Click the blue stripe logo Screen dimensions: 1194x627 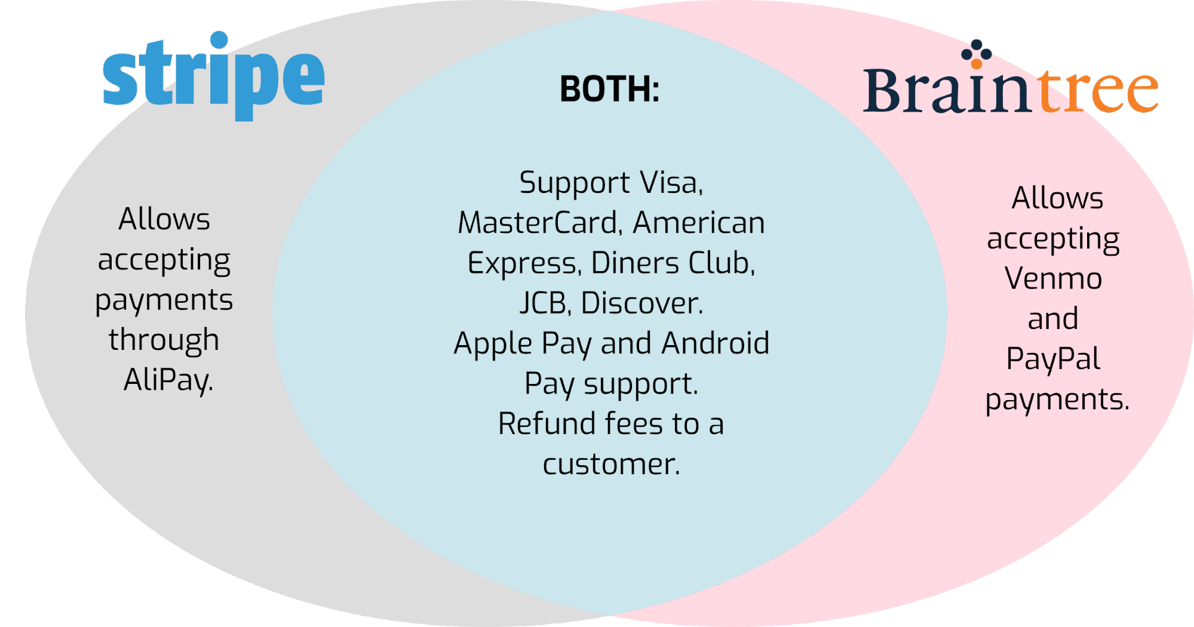click(213, 76)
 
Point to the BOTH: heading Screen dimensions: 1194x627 click(610, 89)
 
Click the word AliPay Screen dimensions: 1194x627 click(168, 380)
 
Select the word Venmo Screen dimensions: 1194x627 click(1053, 278)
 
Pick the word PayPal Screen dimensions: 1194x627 click(1053, 359)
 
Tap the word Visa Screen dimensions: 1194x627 click(671, 183)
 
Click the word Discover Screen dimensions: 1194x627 click(642, 303)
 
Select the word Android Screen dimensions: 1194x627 click(716, 343)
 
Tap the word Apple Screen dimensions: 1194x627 click(493, 344)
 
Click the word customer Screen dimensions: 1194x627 click(611, 465)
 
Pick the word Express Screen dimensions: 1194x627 click(524, 264)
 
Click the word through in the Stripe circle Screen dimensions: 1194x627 click(164, 340)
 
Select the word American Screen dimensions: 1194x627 click(699, 223)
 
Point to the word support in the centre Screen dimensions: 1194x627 click(641, 385)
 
